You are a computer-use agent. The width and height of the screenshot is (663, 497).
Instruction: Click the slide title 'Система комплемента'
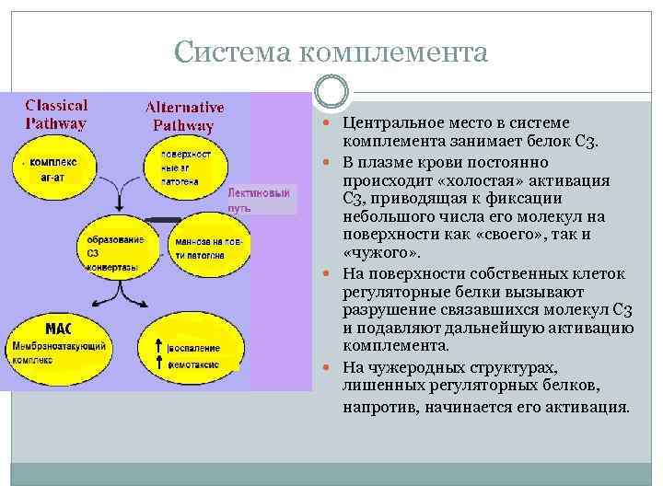[331, 52]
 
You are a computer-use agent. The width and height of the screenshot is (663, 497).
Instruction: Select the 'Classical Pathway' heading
[56, 114]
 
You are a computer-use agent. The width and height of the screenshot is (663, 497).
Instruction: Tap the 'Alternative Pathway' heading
[184, 116]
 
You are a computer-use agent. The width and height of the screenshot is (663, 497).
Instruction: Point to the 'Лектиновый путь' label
[263, 200]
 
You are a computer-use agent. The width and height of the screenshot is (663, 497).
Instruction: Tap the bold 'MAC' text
[57, 327]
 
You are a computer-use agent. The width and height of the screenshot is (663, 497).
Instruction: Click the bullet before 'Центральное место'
[332, 123]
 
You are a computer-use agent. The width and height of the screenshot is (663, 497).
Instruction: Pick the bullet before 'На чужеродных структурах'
[332, 365]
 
